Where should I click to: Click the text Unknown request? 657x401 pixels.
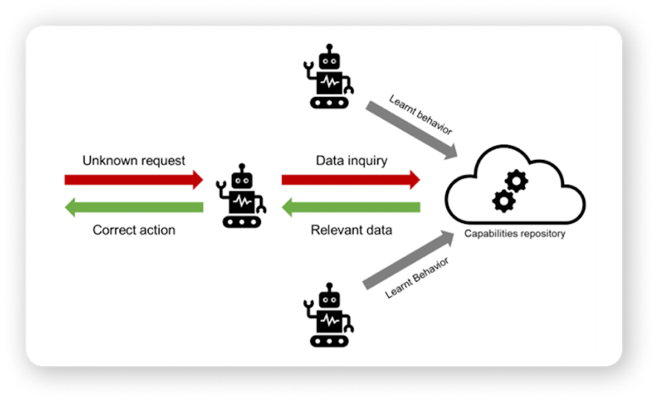tap(134, 160)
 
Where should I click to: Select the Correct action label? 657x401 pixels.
tap(134, 230)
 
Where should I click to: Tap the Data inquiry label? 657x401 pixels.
tap(351, 160)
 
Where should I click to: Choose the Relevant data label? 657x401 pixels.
tap(351, 230)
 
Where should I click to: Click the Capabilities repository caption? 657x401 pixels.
tap(515, 234)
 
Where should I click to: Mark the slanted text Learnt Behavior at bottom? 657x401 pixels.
tap(417, 278)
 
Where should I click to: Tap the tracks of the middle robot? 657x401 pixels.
tap(242, 222)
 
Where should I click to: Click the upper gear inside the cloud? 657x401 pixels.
tap(517, 181)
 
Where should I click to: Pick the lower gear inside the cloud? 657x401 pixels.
tap(504, 200)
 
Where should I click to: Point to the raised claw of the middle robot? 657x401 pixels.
tap(221, 185)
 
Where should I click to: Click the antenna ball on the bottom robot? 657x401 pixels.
tap(329, 286)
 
